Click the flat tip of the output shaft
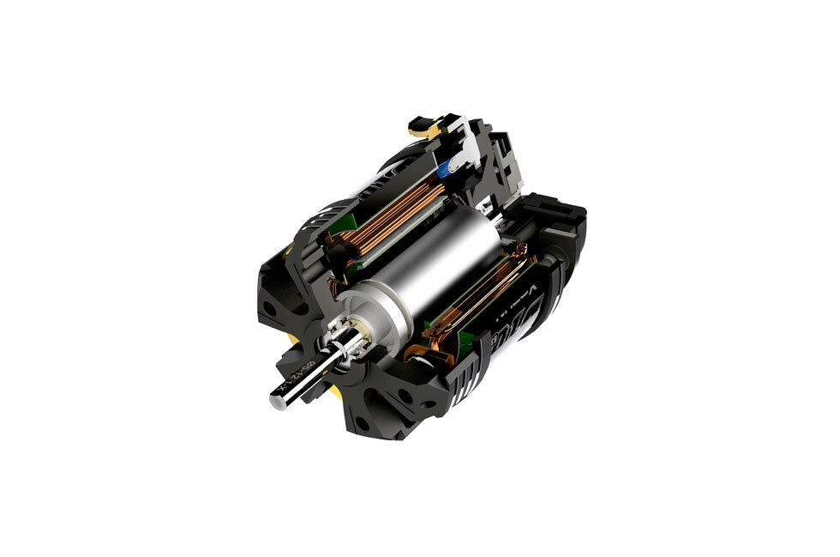coord(278,401)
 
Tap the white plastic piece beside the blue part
coord(463,154)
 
